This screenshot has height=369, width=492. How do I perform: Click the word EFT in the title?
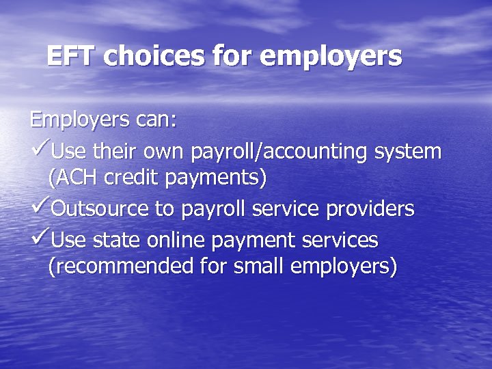pos(72,56)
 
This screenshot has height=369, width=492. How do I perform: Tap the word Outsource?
pos(101,209)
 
